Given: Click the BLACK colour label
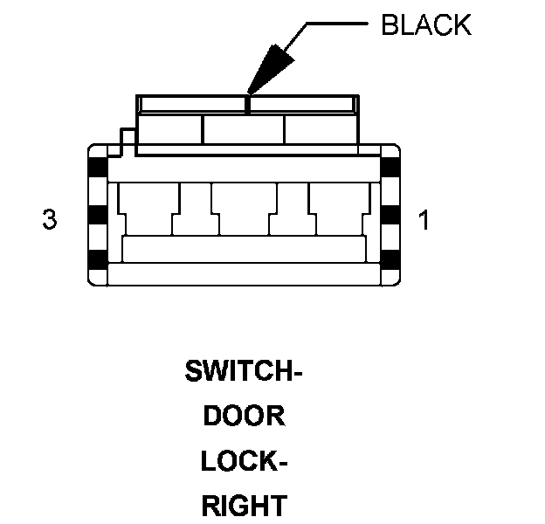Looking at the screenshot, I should click(426, 24).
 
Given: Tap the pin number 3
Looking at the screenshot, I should click(50, 219).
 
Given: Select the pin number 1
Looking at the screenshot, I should click(424, 219).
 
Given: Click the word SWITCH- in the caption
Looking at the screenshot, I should click(244, 372).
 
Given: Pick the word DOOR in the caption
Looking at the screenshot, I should click(244, 416).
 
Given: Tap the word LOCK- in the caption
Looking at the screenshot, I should click(244, 460).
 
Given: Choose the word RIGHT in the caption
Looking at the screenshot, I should click(244, 505).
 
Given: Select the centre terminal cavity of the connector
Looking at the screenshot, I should click(244, 210).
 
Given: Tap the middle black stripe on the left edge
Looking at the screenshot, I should click(97, 215).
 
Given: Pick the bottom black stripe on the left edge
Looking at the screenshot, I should click(97, 259).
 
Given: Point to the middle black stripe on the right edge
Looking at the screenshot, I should click(391, 215).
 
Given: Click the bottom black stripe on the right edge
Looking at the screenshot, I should click(391, 259).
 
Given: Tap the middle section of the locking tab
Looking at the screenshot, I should click(244, 130).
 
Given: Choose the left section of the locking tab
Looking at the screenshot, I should click(171, 130).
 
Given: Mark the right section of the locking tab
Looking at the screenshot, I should click(319, 130).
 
